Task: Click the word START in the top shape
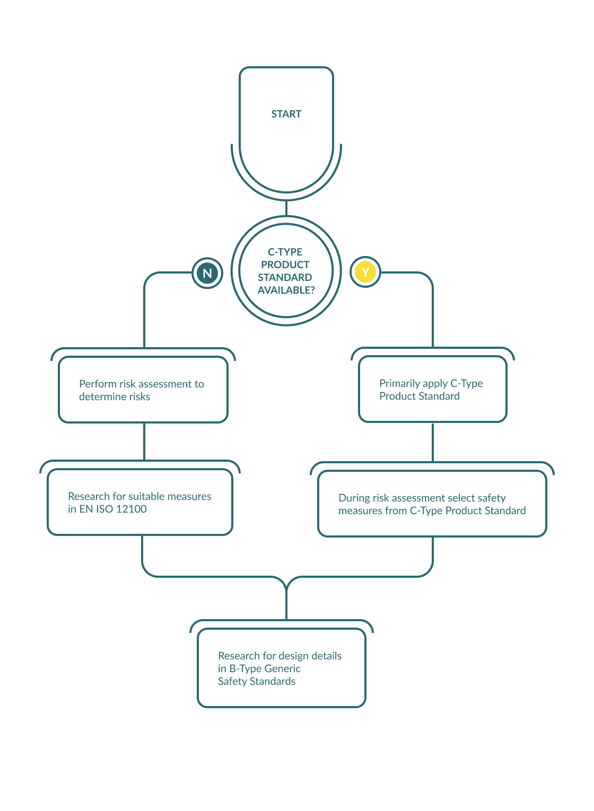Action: (286, 114)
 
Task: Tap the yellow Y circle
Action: (365, 272)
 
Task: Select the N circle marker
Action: (207, 273)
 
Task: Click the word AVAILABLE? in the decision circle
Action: (286, 290)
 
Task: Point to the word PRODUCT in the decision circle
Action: (285, 265)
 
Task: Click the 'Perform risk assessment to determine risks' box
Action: (143, 390)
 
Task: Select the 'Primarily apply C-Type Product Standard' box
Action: (433, 390)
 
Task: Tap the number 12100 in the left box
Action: (131, 509)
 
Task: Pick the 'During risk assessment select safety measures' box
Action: (432, 504)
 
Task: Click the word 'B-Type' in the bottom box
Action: (246, 668)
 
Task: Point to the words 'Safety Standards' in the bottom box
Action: (256, 681)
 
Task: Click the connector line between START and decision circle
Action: (286, 208)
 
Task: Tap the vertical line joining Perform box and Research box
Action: (144, 441)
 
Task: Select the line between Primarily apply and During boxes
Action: (433, 442)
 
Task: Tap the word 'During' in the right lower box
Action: (354, 498)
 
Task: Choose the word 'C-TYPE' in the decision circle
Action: (285, 252)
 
